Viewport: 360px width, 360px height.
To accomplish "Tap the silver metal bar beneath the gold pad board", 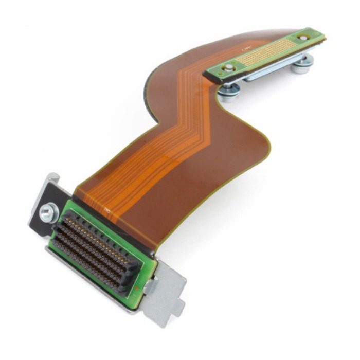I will tap(273, 71).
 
